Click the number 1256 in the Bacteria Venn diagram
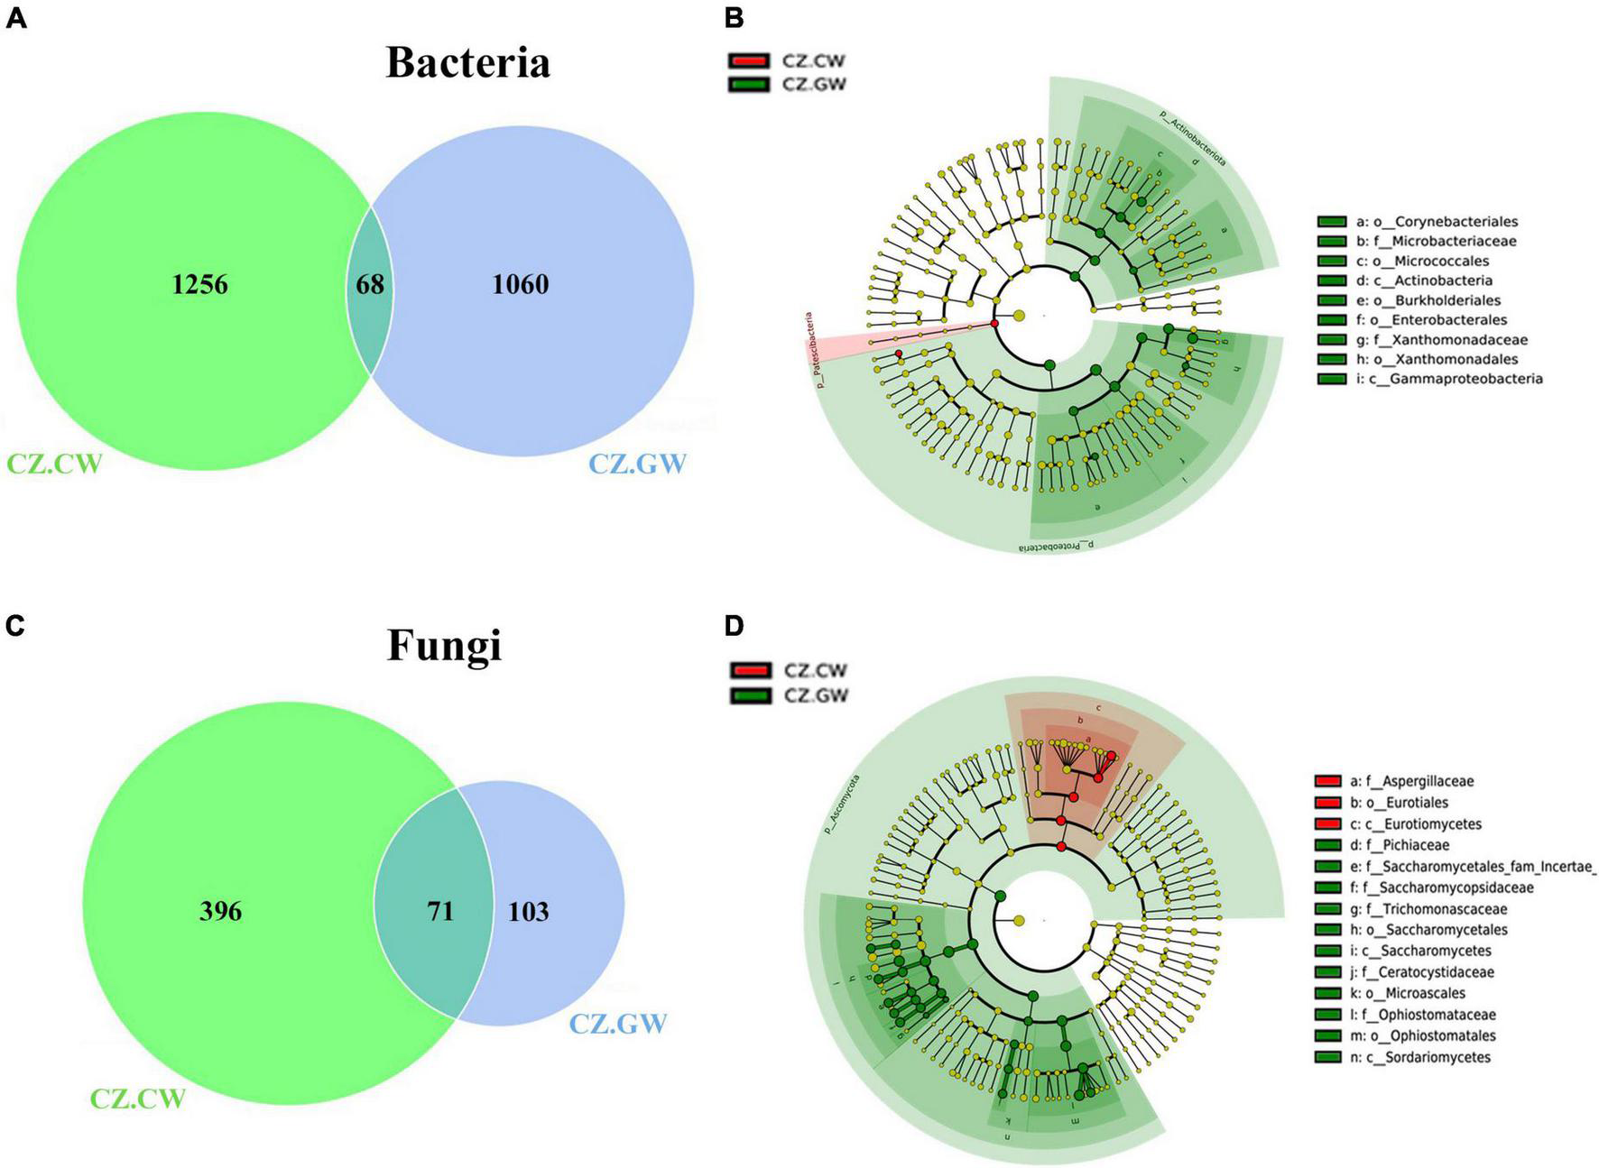pos(199,284)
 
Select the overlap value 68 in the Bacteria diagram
pos(370,284)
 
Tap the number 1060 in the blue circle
pos(520,284)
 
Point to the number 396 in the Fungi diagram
pos(220,911)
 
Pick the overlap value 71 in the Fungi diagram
pos(440,911)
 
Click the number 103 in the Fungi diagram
pos(528,911)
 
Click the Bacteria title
pos(467,62)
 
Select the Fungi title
pos(444,645)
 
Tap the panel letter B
pos(735,17)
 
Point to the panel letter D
pos(735,625)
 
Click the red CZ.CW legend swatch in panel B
pos(748,61)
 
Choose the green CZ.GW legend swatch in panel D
pos(750,695)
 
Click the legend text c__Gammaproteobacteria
pos(1448,379)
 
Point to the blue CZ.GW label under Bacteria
pos(637,464)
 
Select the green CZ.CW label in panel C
pos(137,1099)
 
